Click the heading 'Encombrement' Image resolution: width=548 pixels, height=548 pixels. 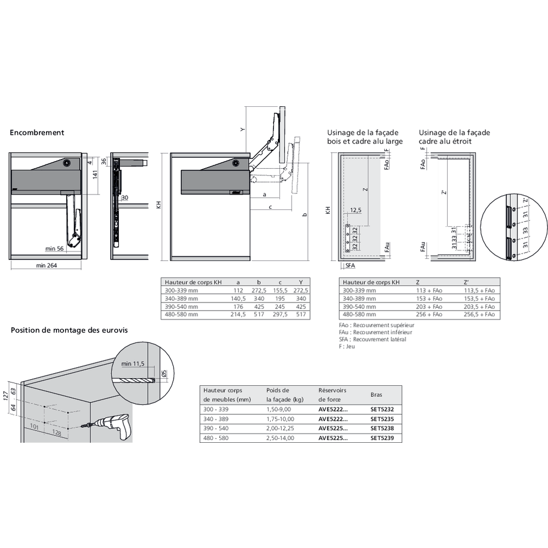(37, 133)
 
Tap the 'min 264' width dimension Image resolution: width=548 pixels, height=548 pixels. (47, 266)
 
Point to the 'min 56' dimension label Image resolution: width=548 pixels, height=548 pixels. (55, 249)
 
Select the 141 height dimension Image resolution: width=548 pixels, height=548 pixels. (94, 175)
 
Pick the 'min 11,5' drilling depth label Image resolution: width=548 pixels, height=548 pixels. (132, 363)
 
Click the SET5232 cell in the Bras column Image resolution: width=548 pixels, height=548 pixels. (382, 409)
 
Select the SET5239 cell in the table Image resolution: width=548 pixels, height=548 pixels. (382, 438)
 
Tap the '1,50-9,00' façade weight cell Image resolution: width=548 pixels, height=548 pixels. (280, 409)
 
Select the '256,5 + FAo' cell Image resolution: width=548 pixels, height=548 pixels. (479, 315)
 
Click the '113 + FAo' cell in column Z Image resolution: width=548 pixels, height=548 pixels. (429, 290)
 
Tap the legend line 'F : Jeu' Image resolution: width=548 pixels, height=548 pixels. (347, 347)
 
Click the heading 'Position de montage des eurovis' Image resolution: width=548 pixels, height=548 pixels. (69, 330)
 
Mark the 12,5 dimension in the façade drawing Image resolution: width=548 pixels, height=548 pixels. (356, 210)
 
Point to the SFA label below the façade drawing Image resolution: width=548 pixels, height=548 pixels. (351, 266)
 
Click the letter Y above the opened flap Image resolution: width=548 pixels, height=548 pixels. (242, 130)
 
